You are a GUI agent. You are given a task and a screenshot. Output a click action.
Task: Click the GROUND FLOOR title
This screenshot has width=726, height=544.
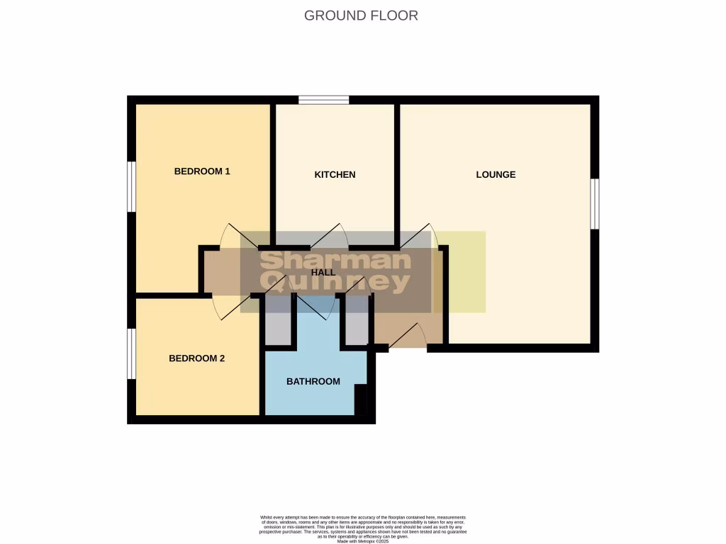tap(361, 15)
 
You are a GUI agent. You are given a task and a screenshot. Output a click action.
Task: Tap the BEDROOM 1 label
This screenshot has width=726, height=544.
tap(202, 171)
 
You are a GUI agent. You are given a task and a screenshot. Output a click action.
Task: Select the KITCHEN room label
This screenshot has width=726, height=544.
tap(335, 174)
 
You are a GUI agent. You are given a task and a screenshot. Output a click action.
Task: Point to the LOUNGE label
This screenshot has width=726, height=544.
tap(496, 174)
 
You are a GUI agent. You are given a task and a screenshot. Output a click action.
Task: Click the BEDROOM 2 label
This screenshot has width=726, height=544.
tap(196, 358)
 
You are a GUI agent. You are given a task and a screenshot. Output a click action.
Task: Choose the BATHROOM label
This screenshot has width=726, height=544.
tap(313, 381)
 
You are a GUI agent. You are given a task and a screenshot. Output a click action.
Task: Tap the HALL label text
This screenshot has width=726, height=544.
tap(323, 271)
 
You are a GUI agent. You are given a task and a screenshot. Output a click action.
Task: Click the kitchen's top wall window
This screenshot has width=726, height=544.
tap(323, 100)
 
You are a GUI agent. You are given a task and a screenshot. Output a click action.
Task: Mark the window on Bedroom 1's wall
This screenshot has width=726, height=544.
tap(131, 186)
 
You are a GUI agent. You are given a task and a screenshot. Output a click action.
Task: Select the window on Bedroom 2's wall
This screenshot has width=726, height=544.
tap(131, 353)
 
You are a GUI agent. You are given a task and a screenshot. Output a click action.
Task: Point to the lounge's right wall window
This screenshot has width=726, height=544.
tap(596, 203)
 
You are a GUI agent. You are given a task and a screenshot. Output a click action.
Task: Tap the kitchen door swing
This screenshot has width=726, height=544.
tap(328, 236)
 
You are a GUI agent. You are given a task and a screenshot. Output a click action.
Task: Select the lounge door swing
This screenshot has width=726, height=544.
tap(420, 236)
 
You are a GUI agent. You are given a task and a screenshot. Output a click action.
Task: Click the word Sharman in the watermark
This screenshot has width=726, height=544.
tap(335, 260)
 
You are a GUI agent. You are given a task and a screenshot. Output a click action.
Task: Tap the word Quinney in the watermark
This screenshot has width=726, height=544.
tap(335, 282)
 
